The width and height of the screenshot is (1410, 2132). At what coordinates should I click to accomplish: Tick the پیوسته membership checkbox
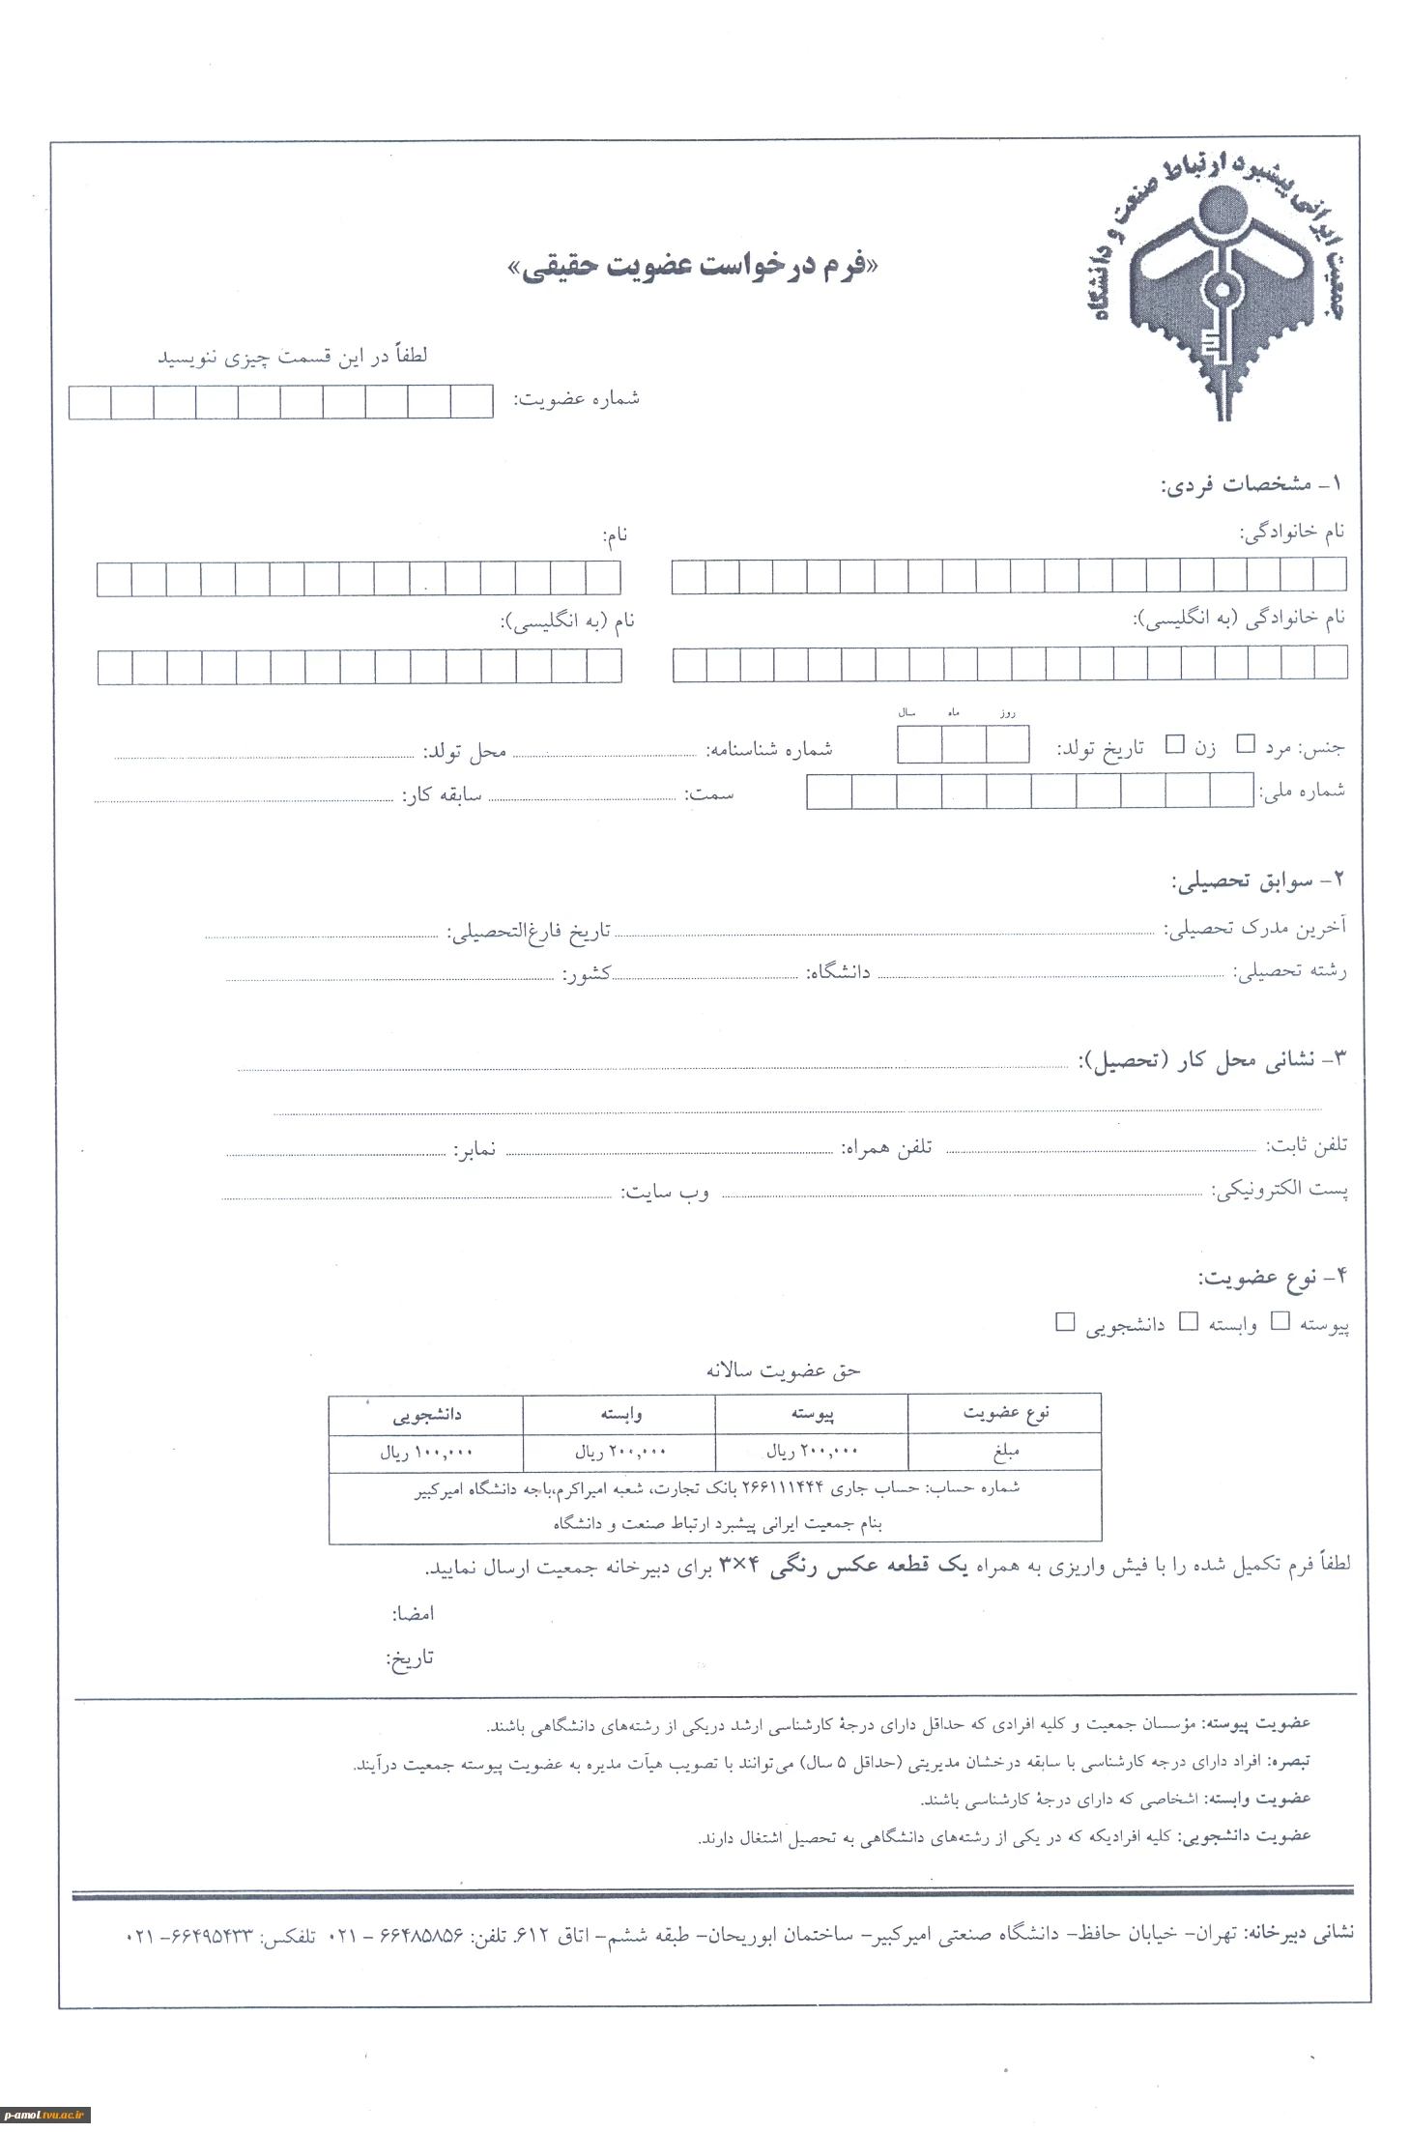(1281, 1321)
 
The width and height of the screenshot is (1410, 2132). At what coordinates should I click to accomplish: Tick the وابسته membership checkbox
(1190, 1321)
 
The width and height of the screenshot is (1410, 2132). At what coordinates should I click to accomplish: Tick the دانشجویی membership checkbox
(1065, 1321)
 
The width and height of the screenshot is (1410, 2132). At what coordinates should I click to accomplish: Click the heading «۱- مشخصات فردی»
(1253, 484)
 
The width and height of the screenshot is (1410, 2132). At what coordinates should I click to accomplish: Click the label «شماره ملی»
(1302, 792)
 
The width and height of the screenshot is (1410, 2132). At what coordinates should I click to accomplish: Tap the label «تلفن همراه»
(886, 1147)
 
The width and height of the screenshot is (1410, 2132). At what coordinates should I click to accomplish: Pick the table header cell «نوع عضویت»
(1005, 1413)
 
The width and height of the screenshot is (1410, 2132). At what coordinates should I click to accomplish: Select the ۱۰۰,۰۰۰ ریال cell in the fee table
(425, 1452)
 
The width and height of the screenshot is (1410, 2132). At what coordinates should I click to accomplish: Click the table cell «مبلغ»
(1005, 1452)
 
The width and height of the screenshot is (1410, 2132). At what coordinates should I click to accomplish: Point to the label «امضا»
(413, 1613)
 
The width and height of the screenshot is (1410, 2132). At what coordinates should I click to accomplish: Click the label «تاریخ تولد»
(1100, 748)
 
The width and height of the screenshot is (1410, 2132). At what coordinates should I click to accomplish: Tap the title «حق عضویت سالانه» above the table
(783, 1369)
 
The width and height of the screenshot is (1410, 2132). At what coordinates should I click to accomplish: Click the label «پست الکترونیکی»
(1281, 1190)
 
